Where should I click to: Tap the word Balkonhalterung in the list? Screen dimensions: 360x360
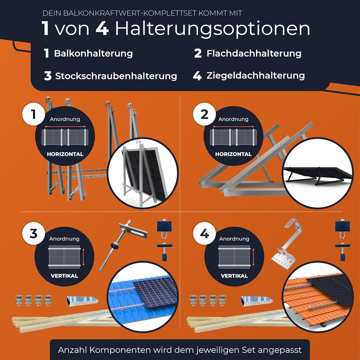[x=93, y=53]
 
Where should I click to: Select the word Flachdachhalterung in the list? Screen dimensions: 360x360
[x=254, y=53]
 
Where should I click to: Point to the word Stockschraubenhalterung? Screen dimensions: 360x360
[x=116, y=76]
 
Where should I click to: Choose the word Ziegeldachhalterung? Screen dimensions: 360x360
[x=256, y=76]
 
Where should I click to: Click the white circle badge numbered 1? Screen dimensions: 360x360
[x=34, y=114]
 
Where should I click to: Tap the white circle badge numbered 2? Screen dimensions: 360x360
[x=205, y=114]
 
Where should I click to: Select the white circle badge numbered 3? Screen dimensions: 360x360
[x=34, y=233]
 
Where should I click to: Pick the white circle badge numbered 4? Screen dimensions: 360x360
[x=205, y=233]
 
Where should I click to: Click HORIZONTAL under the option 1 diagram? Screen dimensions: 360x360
[x=65, y=154]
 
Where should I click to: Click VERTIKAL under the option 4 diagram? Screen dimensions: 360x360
[x=234, y=276]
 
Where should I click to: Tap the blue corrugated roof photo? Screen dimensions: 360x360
[x=142, y=297]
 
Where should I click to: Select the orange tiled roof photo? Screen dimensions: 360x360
[x=317, y=297]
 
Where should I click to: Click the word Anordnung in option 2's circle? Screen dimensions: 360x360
[x=233, y=119]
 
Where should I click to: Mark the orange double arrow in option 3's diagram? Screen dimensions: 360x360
[x=83, y=257]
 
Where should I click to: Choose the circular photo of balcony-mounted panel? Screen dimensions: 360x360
[x=143, y=173]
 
